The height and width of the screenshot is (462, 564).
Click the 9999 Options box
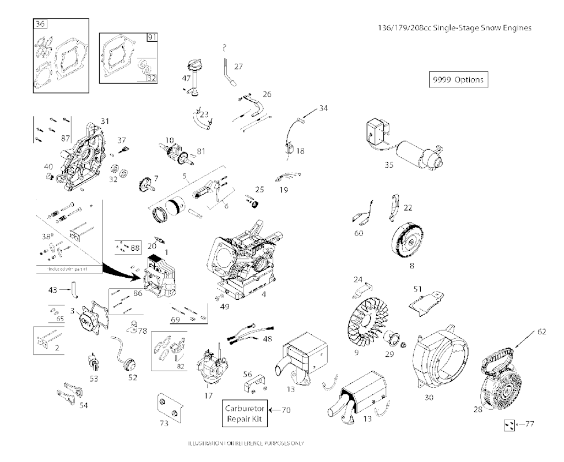point(458,79)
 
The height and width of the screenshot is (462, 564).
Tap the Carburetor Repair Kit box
point(246,414)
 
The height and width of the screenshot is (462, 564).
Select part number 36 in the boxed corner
point(40,24)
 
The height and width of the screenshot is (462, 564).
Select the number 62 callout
point(541,332)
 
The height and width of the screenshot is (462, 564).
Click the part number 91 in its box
point(152,37)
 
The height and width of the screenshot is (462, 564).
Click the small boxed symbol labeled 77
point(510,424)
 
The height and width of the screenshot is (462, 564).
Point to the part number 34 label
point(323,109)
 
